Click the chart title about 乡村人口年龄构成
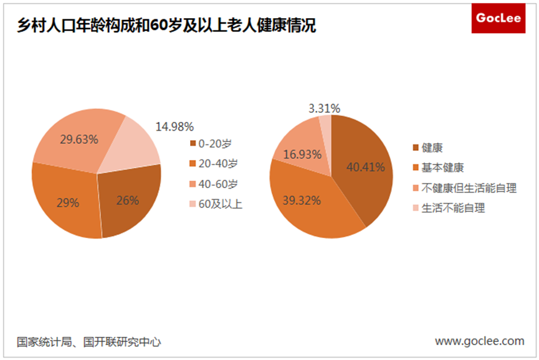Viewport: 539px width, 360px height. pyautogui.click(x=166, y=26)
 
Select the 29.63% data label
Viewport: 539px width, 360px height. pyautogui.click(x=79, y=139)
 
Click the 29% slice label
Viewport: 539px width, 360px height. pyautogui.click(x=68, y=202)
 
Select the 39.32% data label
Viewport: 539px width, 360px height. pyautogui.click(x=302, y=200)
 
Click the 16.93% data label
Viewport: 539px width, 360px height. pyautogui.click(x=302, y=154)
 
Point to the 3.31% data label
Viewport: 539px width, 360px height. pyautogui.click(x=324, y=108)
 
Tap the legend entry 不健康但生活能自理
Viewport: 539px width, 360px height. pyautogui.click(x=469, y=187)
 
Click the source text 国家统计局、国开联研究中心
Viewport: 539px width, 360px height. pyautogui.click(x=89, y=342)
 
